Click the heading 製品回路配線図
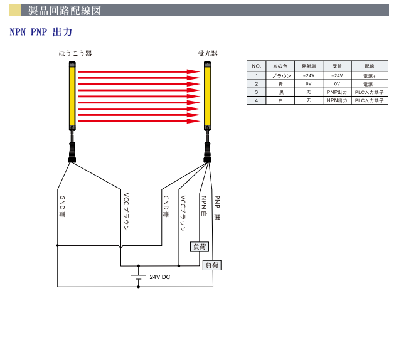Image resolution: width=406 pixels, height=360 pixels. pyautogui.click(x=64, y=11)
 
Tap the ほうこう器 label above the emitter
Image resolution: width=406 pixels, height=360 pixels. pyautogui.click(x=75, y=55)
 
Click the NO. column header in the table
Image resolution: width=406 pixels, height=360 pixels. pyautogui.click(x=256, y=66)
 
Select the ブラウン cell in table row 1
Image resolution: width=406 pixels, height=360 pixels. pyautogui.click(x=279, y=75)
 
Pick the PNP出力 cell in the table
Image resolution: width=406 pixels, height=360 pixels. pyautogui.click(x=337, y=92)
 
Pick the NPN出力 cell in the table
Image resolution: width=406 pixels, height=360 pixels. pyautogui.click(x=337, y=100)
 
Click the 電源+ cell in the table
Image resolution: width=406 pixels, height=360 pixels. pyautogui.click(x=369, y=75)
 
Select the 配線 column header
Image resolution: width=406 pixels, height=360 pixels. pyautogui.click(x=369, y=66)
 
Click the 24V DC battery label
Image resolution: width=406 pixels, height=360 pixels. pyautogui.click(x=159, y=277)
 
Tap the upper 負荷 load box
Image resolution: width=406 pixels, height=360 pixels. pyautogui.click(x=199, y=247)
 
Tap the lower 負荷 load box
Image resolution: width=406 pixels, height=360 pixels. pyautogui.click(x=213, y=266)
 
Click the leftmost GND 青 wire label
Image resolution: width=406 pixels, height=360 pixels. pyautogui.click(x=61, y=207)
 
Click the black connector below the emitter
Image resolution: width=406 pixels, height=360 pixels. pyautogui.click(x=73, y=152)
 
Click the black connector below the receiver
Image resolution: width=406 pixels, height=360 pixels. pyautogui.click(x=207, y=152)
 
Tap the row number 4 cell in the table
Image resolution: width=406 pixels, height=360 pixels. pyautogui.click(x=256, y=100)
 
